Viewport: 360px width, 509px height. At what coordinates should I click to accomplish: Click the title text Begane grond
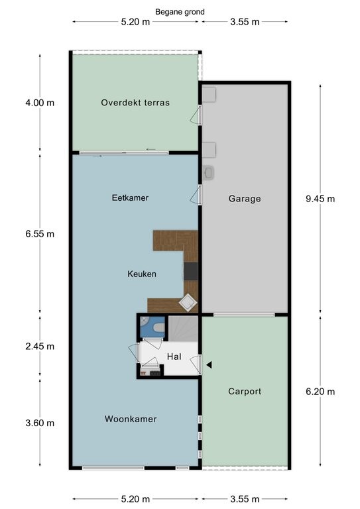pyautogui.click(x=180, y=12)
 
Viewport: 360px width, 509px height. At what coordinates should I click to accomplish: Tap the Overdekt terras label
pyautogui.click(x=135, y=103)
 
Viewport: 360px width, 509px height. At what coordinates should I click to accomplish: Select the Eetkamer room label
pyautogui.click(x=130, y=198)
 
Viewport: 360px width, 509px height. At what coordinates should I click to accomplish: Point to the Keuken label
pyautogui.click(x=142, y=274)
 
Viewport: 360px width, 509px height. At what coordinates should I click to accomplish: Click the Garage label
pyautogui.click(x=245, y=199)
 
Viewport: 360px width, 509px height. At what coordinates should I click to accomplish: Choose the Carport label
pyautogui.click(x=245, y=391)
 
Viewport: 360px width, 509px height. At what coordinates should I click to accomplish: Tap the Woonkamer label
pyautogui.click(x=131, y=419)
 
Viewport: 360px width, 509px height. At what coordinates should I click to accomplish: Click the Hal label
pyautogui.click(x=174, y=357)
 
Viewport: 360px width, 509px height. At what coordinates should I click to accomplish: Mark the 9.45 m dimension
pyautogui.click(x=320, y=199)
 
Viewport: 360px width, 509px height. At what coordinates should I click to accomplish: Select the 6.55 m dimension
pyautogui.click(x=40, y=234)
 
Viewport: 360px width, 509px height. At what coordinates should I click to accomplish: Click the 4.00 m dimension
pyautogui.click(x=40, y=103)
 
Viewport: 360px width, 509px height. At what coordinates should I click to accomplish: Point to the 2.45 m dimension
pyautogui.click(x=40, y=347)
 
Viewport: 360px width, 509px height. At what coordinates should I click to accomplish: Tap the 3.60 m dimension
pyautogui.click(x=40, y=423)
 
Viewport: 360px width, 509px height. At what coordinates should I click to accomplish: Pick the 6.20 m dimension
pyautogui.click(x=320, y=392)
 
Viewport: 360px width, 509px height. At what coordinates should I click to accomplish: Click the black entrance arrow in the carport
pyautogui.click(x=209, y=365)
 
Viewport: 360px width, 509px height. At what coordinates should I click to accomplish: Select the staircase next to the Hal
pyautogui.click(x=183, y=329)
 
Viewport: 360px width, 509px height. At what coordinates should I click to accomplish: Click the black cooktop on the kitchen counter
pyautogui.click(x=191, y=271)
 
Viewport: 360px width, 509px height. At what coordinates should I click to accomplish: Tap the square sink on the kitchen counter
pyautogui.click(x=188, y=302)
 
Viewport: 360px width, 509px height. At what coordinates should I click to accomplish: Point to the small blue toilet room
pyautogui.click(x=152, y=327)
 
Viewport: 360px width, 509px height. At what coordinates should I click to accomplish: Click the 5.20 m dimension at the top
pyautogui.click(x=135, y=22)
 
